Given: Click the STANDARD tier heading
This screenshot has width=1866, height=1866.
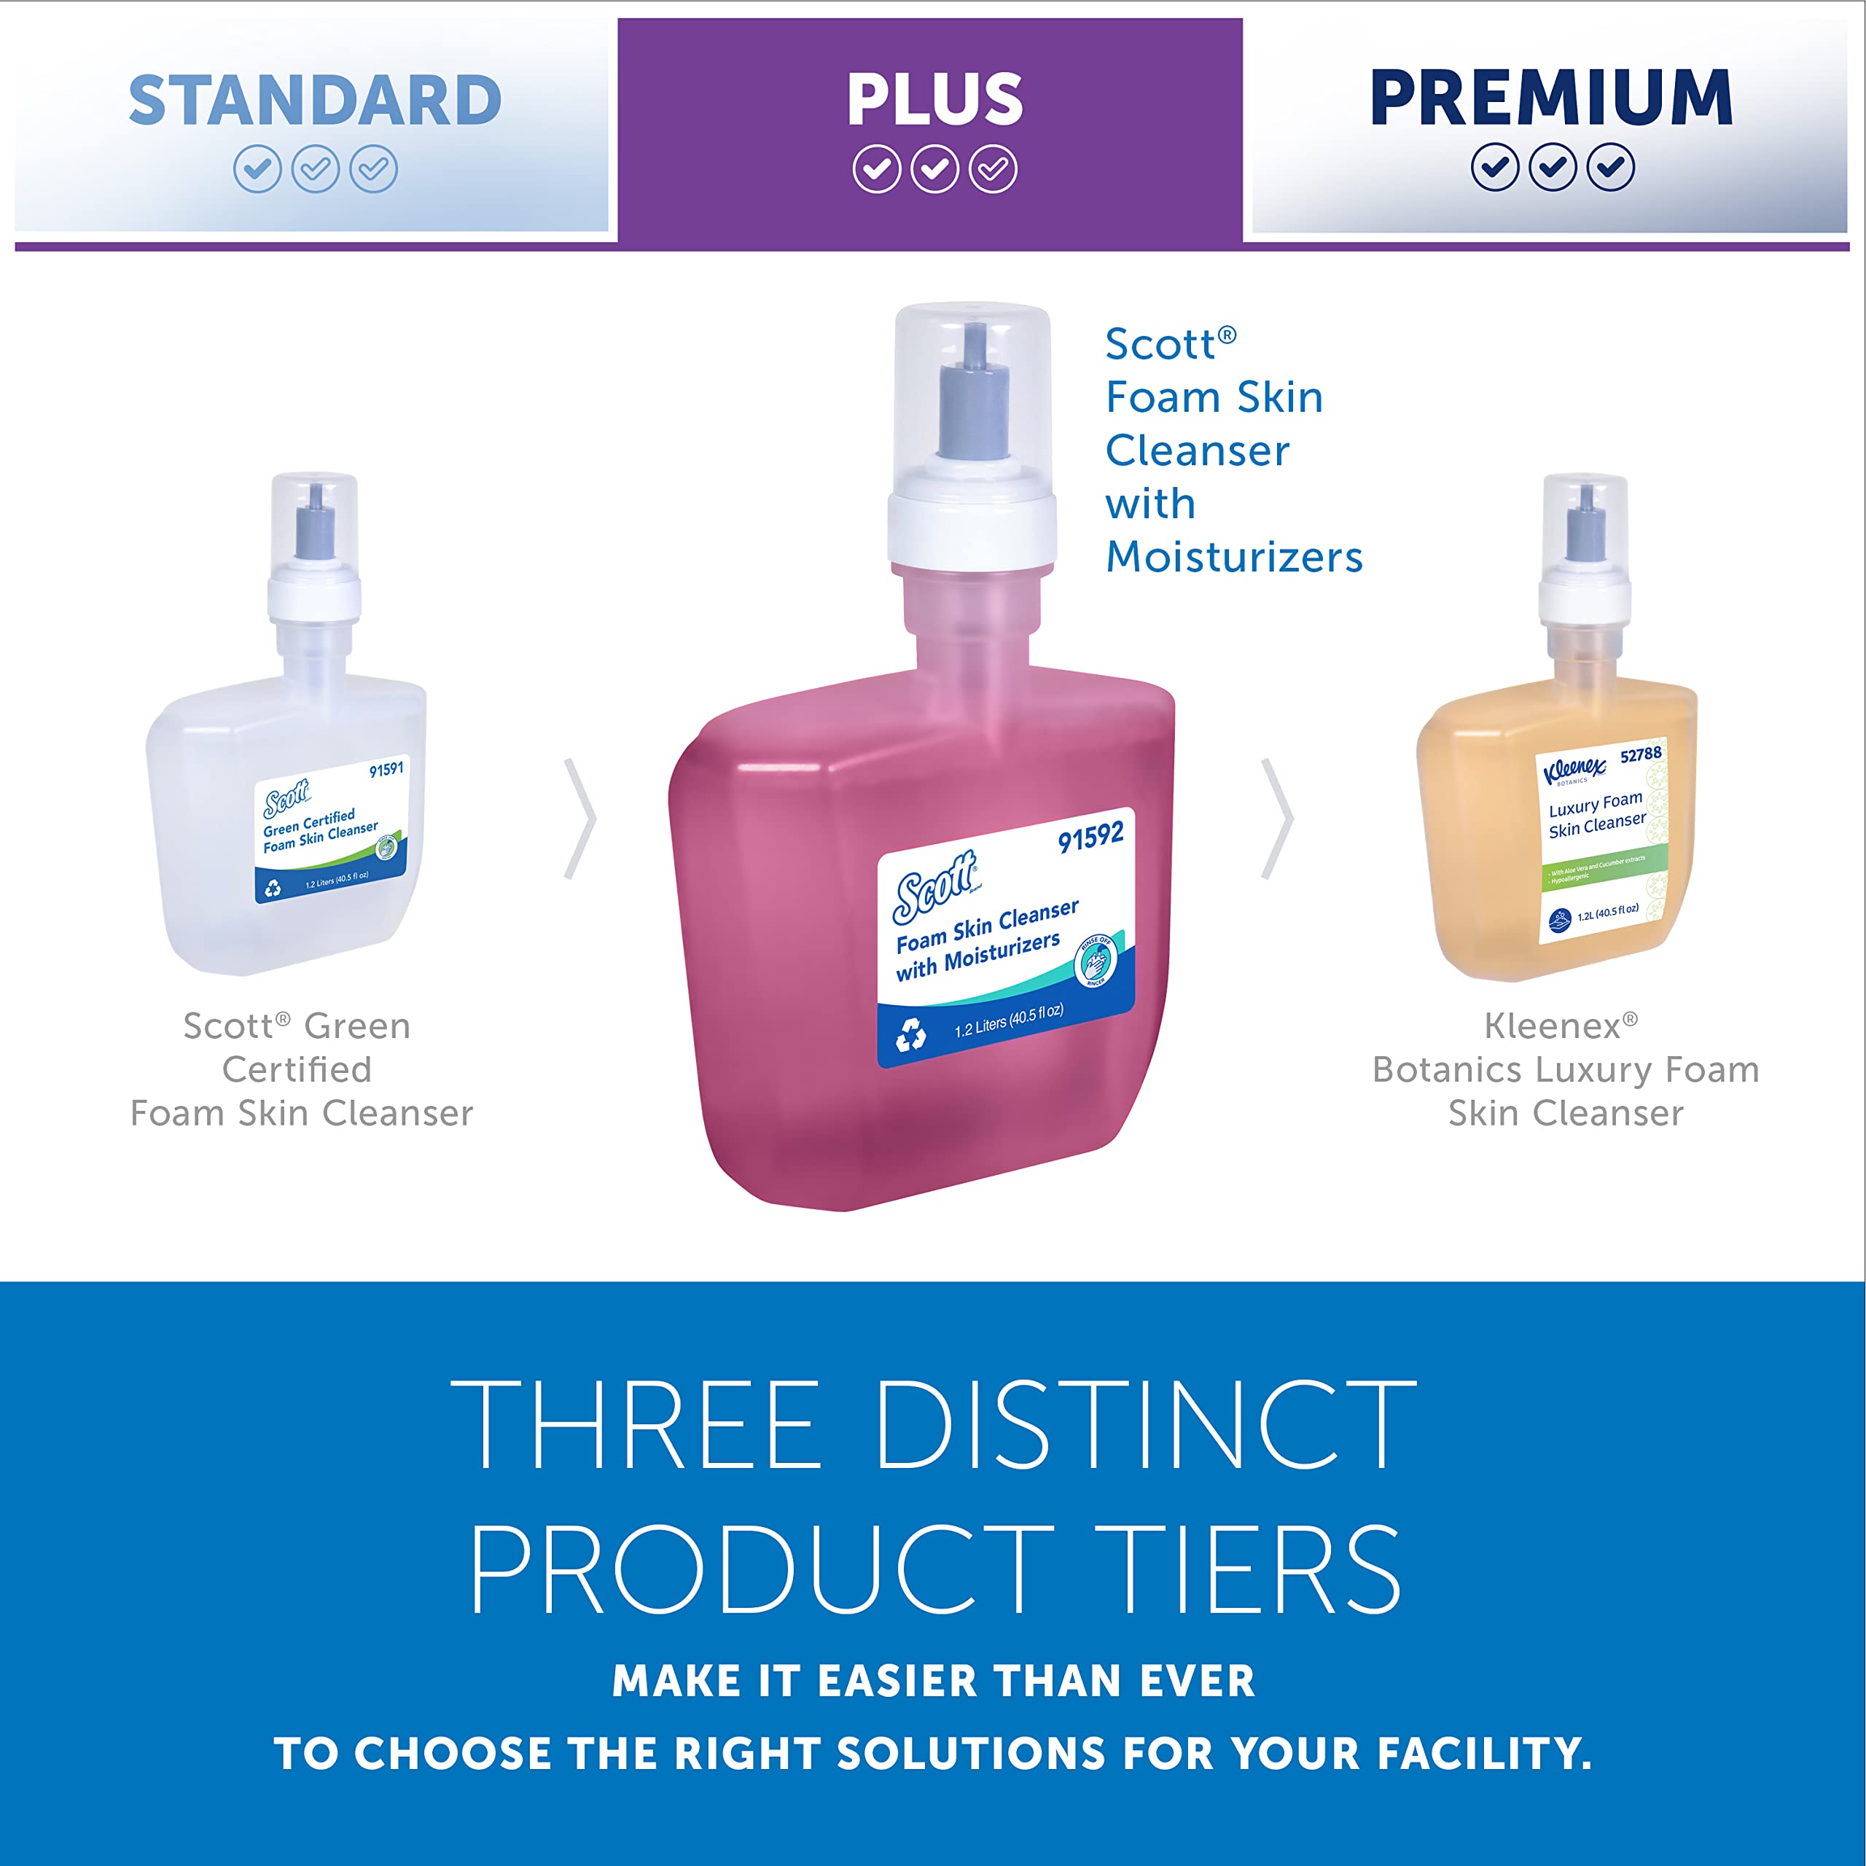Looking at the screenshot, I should pyautogui.click(x=315, y=101).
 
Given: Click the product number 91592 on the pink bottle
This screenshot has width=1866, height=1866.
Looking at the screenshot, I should pyautogui.click(x=1090, y=836).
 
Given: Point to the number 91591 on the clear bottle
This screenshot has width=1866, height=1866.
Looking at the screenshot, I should pyautogui.click(x=386, y=770).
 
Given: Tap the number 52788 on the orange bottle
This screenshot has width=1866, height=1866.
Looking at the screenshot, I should pyautogui.click(x=1641, y=754).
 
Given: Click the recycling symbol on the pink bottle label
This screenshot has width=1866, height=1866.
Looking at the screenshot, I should pyautogui.click(x=911, y=1035).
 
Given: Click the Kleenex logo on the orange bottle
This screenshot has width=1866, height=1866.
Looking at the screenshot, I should pyautogui.click(x=1574, y=770).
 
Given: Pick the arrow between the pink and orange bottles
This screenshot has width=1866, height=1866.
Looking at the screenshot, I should pyautogui.click(x=1278, y=819).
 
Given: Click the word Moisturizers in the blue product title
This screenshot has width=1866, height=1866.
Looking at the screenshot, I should pyautogui.click(x=1233, y=558).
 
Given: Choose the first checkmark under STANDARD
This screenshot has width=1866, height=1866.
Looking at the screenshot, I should pyautogui.click(x=257, y=170).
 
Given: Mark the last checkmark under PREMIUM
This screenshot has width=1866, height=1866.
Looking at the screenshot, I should pyautogui.click(x=1611, y=168).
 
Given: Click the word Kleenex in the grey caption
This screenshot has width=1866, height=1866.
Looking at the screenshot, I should pyautogui.click(x=1552, y=1026).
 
